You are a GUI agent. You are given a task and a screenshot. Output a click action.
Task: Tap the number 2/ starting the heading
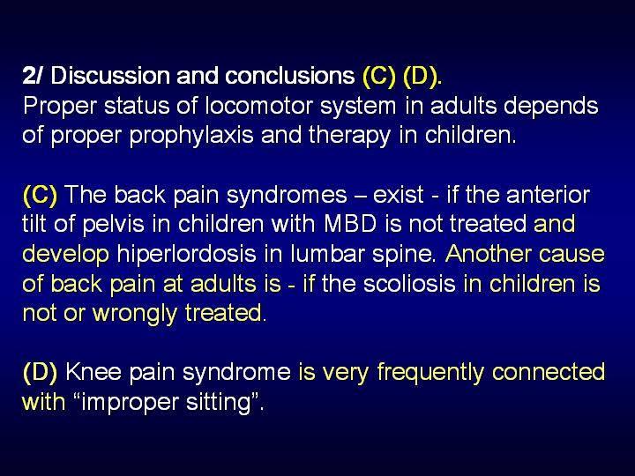pos(32,75)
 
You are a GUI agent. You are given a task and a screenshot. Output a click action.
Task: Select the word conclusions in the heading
pos(289,75)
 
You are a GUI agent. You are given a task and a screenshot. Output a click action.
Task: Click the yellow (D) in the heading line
pos(420,76)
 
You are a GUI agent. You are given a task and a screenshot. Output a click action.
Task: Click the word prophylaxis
pos(191,136)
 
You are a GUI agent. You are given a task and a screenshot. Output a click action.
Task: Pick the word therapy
pos(349,136)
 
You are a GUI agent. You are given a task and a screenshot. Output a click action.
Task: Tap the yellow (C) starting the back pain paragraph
pos(40,195)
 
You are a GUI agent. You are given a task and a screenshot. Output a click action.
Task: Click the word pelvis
pos(114,224)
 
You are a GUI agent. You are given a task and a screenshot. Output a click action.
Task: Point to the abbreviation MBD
pos(350,224)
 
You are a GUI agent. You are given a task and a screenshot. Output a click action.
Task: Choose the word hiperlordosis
pos(186,254)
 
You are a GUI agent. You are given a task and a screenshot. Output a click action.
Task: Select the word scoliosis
pos(409,284)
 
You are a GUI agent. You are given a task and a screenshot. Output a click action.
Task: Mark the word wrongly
pos(135,314)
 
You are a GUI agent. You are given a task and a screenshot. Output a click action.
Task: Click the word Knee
pos(93,372)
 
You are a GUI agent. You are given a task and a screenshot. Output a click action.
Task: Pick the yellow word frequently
pos(430,373)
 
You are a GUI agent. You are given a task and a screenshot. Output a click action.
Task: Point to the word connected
pos(549,372)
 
